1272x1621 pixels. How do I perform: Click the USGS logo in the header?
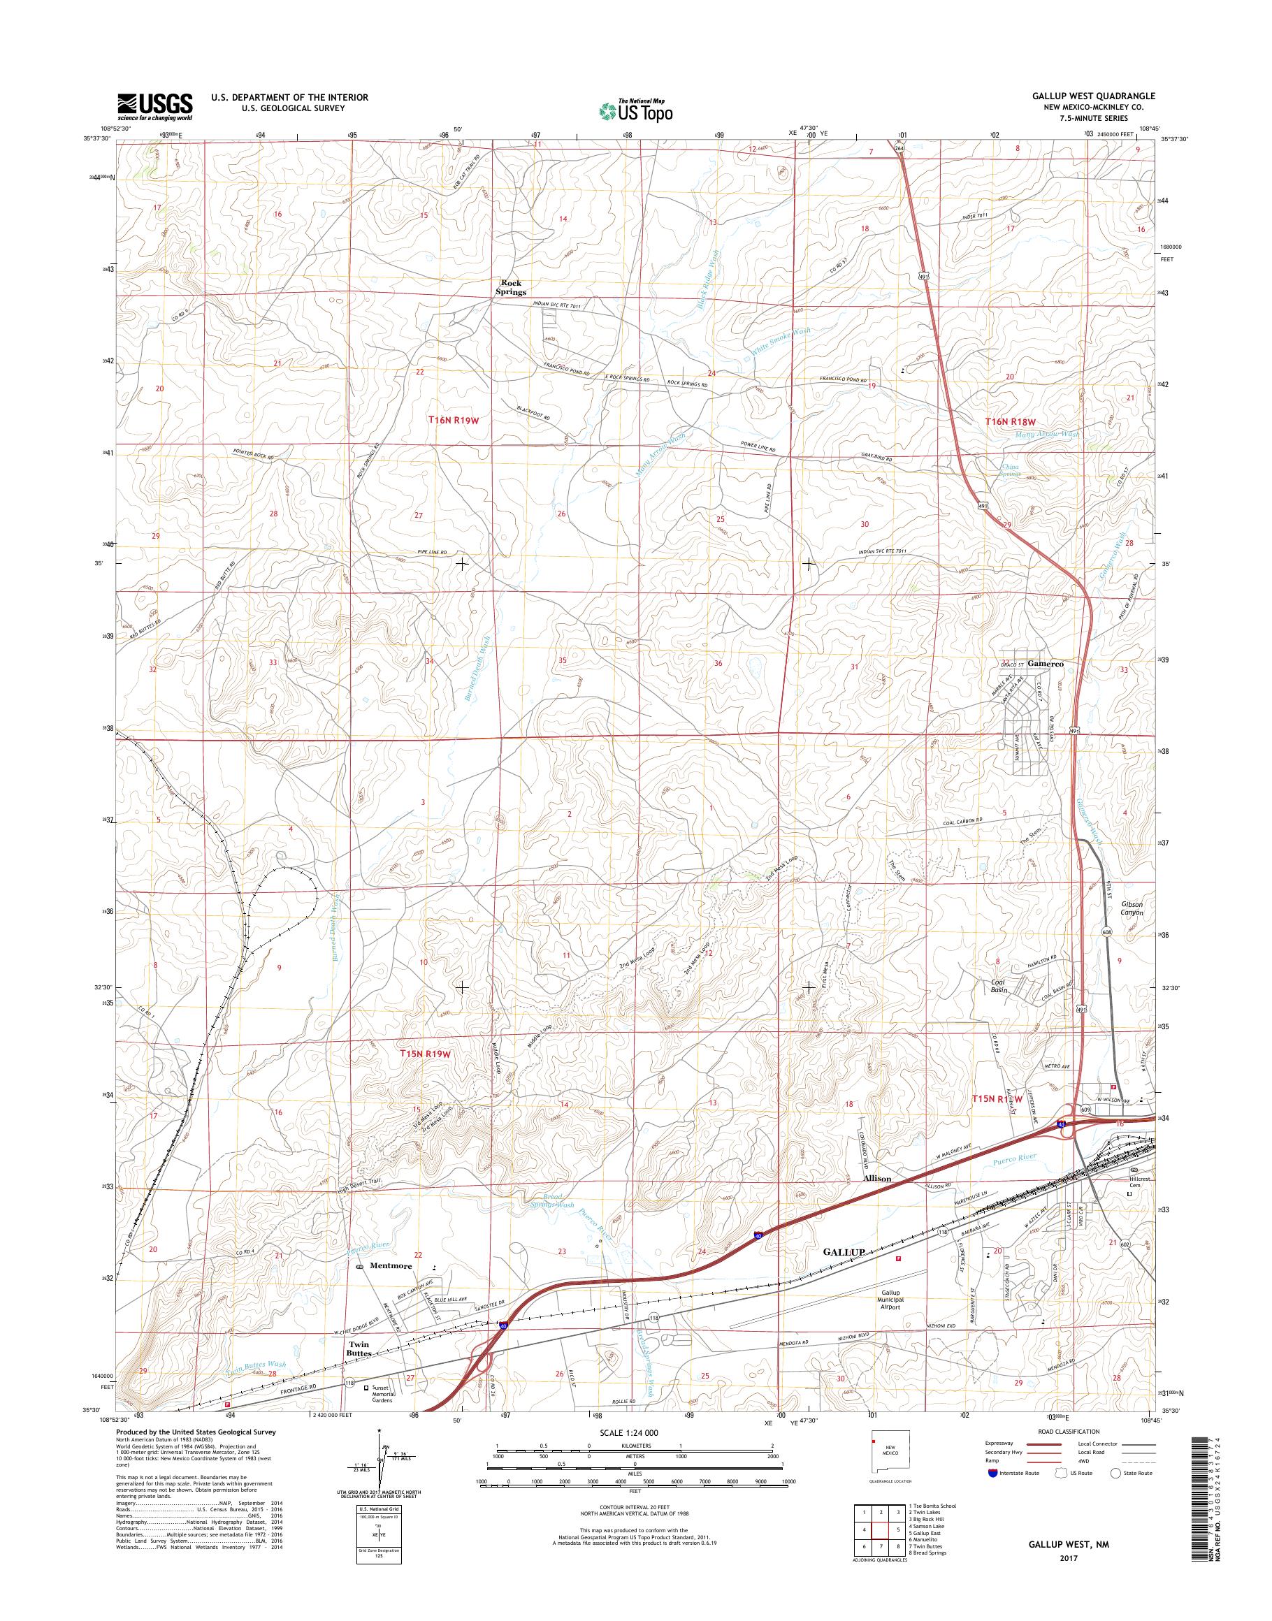tap(154, 106)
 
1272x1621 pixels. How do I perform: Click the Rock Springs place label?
tap(513, 287)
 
